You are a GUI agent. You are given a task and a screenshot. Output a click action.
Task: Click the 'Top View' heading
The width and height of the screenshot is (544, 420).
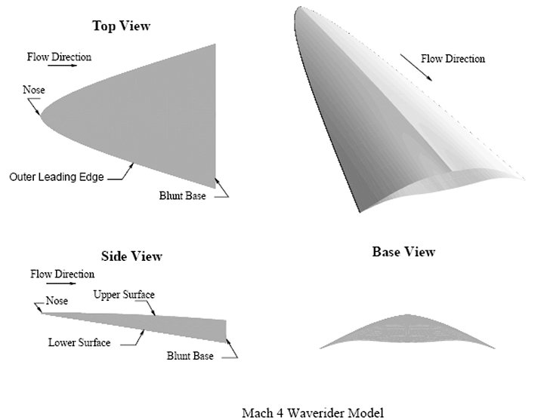tap(121, 26)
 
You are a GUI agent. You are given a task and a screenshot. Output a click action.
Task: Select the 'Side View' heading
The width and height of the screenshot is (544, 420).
tap(131, 256)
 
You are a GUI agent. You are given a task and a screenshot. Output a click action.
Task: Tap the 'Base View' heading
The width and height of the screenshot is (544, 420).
tap(403, 252)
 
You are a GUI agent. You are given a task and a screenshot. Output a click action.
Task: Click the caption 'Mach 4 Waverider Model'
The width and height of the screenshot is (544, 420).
tap(313, 412)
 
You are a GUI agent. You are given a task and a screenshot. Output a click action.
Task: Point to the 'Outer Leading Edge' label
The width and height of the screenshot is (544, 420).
tap(57, 177)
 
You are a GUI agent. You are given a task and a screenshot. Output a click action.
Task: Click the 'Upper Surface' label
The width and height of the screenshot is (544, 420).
tap(124, 295)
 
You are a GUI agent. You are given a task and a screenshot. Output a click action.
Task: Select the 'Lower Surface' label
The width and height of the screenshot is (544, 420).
tap(79, 342)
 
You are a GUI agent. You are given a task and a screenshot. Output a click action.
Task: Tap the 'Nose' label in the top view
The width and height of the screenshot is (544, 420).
tap(34, 90)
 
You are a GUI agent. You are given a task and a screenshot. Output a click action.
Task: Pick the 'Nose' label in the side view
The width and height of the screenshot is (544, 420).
tap(57, 301)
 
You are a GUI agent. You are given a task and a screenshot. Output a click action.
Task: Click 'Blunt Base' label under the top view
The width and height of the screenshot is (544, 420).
tap(183, 195)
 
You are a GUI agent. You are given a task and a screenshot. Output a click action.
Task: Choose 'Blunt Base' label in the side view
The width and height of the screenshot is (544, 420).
tap(190, 356)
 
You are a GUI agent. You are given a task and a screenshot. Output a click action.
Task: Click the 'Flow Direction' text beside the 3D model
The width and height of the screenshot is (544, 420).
tap(453, 59)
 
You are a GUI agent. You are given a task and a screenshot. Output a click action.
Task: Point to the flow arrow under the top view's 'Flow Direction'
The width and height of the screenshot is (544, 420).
tap(63, 65)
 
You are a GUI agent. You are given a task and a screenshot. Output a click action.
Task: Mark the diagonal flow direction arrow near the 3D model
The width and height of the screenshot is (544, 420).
tap(416, 68)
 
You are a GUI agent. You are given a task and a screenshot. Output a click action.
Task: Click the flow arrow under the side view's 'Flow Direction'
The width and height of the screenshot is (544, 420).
tap(61, 284)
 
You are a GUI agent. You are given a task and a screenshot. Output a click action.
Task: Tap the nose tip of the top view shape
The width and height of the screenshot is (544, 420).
tap(41, 115)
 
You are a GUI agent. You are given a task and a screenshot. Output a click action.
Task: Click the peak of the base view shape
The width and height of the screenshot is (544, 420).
tap(407, 314)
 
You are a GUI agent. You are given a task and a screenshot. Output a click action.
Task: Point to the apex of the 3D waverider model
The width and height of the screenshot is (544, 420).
tap(300, 7)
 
